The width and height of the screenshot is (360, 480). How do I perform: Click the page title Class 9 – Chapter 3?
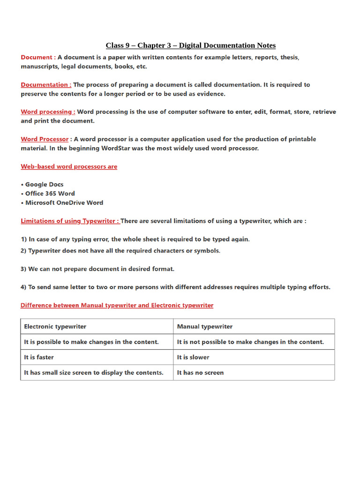[190, 45]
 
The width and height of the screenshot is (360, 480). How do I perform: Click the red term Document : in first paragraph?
[38, 57]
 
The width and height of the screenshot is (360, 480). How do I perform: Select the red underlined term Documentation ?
[46, 85]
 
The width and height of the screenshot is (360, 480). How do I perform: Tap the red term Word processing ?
[48, 112]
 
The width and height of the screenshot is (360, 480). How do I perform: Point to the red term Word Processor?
[45, 139]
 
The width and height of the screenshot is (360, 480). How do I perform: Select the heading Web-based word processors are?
[69, 166]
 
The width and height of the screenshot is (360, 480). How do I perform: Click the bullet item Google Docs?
[44, 185]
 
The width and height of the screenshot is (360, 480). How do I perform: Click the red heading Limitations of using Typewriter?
[70, 221]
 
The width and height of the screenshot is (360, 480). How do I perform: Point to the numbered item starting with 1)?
[135, 239]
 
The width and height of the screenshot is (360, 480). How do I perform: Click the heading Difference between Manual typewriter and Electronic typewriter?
[117, 305]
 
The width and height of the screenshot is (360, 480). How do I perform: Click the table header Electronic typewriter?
[55, 327]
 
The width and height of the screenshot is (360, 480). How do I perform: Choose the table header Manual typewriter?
[204, 327]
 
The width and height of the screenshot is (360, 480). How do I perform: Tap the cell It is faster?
[39, 357]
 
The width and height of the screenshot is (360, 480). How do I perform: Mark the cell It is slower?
[193, 357]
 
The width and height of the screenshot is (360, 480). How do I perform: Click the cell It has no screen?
[200, 373]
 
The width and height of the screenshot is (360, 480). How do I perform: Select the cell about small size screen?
[94, 373]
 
